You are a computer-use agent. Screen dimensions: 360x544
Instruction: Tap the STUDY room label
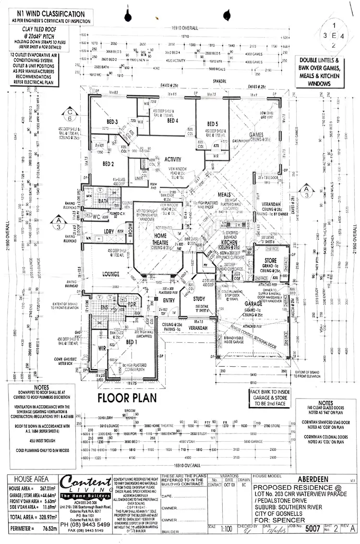pos(199,299)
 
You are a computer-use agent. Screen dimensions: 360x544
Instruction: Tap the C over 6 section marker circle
pos(70,115)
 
